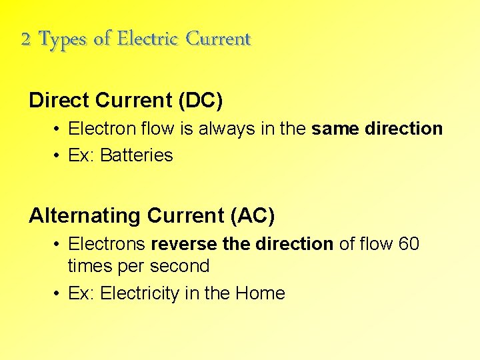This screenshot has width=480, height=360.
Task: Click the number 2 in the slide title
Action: [25, 40]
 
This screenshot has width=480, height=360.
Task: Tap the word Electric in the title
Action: [149, 39]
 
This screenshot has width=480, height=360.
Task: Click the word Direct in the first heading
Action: [59, 100]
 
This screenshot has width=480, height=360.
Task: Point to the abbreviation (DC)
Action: [200, 101]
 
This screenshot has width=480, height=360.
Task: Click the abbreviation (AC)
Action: [252, 216]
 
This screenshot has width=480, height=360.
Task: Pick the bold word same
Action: [335, 129]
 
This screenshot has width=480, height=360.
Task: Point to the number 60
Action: [408, 244]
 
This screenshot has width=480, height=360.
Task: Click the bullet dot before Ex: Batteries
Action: [58, 156]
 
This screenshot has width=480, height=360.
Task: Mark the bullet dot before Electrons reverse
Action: [58, 245]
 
